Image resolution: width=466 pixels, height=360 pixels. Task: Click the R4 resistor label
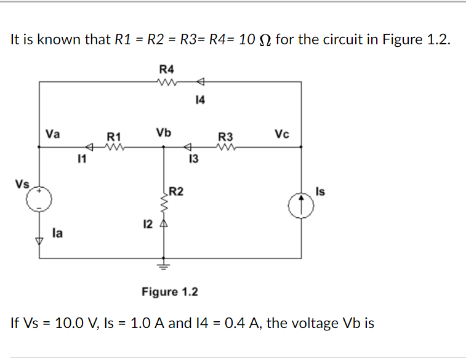(x=166, y=68)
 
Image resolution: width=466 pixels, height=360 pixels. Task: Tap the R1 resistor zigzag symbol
(x=115, y=147)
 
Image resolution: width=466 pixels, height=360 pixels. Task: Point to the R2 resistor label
(x=176, y=191)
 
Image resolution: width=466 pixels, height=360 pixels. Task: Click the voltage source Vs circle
(x=40, y=199)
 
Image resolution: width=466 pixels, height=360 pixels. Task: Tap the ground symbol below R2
(x=163, y=266)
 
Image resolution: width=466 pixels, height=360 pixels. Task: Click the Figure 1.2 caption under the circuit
(x=170, y=291)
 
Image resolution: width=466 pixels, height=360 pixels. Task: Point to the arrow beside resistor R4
(x=199, y=82)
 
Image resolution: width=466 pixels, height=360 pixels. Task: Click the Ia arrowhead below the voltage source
(x=40, y=241)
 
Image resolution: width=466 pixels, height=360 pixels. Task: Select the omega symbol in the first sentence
(x=265, y=41)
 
